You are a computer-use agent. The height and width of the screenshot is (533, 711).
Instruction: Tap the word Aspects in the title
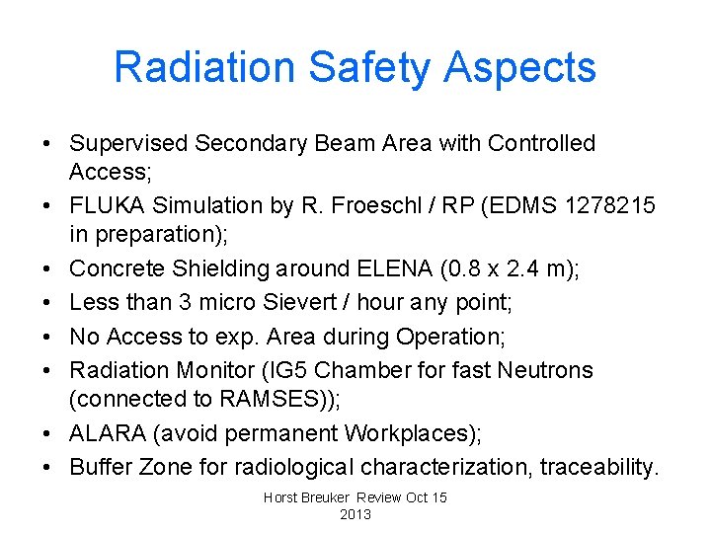[520, 67]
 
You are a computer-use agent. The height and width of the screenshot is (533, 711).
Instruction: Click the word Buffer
[101, 466]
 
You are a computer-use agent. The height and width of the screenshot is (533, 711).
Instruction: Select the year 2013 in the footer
[355, 515]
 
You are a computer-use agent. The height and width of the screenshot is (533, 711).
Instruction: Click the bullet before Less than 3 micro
[47, 303]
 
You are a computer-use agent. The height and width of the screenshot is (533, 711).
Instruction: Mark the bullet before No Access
[47, 337]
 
